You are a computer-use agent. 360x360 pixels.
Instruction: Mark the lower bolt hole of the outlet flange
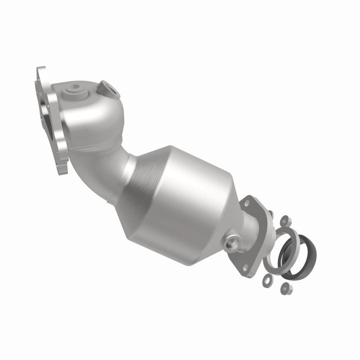pyautogui.click(x=245, y=269)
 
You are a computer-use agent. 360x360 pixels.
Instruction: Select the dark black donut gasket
pyautogui.click(x=295, y=250)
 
